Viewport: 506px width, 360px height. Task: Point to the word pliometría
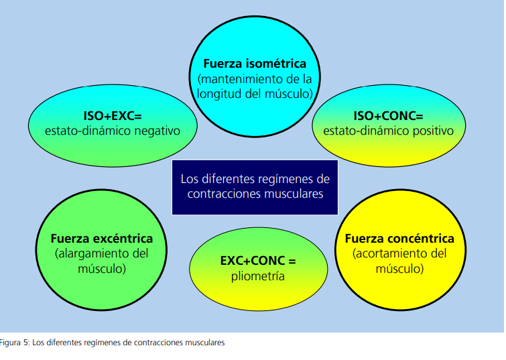258,276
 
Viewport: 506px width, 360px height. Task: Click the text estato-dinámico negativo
113,131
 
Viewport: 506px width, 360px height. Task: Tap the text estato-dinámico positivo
389,131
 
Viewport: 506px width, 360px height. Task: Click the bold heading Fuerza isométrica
255,64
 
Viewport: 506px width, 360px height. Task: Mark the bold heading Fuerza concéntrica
399,239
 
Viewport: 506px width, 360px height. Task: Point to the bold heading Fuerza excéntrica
102,239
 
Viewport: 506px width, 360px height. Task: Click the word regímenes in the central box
280,180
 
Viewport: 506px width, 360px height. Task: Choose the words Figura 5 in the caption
14,343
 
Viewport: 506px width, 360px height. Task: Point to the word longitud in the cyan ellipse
218,94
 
